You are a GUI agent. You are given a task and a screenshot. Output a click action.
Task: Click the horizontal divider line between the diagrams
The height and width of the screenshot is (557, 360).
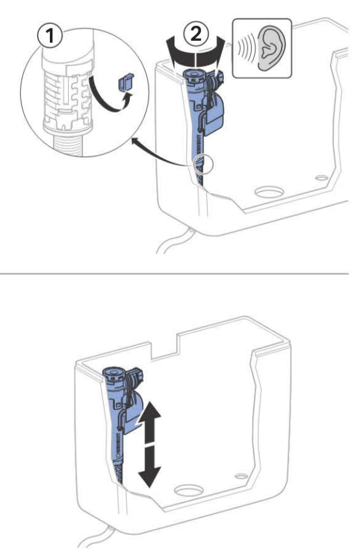pyautogui.click(x=175, y=274)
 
